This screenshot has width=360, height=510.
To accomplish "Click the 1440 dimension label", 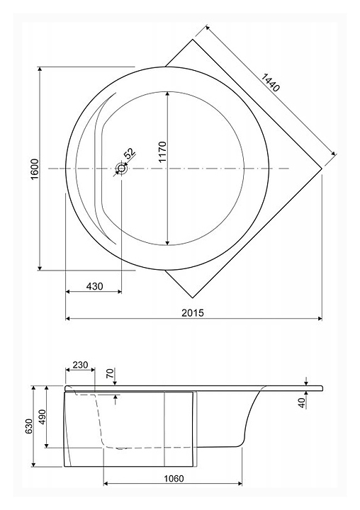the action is point(270,83).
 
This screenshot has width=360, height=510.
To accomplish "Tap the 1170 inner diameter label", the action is point(162,152).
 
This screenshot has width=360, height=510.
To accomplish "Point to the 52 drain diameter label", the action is point(130,153).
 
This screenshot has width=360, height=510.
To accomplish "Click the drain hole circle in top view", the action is point(122,169).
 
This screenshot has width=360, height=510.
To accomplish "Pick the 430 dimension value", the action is point(94,286).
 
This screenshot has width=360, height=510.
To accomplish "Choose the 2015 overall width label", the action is point(193,312).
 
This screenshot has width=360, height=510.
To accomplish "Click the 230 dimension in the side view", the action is point(80,365).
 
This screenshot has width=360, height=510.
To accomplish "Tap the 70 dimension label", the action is point(111,373).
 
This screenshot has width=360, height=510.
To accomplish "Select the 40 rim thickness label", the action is point(303,403).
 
